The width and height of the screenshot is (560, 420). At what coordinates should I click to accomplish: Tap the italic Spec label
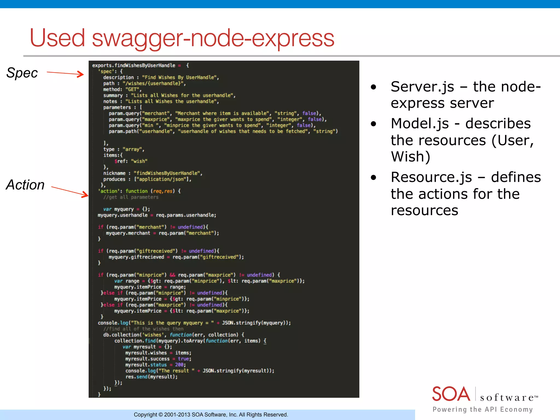[22, 73]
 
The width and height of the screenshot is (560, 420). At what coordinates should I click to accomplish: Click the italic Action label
[25, 185]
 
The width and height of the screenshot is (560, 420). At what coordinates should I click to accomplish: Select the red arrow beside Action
[70, 191]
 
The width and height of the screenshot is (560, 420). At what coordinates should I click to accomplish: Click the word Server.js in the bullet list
[422, 87]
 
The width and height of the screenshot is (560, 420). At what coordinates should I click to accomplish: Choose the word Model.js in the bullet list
[420, 124]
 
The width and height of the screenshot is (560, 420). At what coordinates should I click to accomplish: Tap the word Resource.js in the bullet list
[431, 177]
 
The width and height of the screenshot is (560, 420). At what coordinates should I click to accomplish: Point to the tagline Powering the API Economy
[483, 409]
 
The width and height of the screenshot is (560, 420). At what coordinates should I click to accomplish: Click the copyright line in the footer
[211, 415]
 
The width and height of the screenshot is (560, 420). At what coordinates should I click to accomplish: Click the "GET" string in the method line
[132, 89]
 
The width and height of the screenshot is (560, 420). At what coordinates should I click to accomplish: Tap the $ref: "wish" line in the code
[131, 161]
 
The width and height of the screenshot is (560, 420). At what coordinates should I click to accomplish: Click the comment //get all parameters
[131, 197]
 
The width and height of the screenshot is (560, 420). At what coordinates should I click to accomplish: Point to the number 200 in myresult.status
[179, 365]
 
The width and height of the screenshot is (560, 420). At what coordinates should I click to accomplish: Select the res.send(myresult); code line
[151, 377]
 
